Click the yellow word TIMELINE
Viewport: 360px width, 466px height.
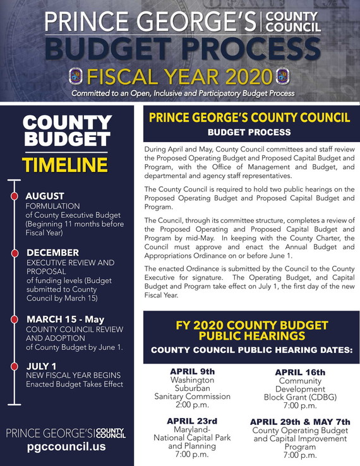click(65, 165)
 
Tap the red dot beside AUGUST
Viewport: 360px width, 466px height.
click(14, 196)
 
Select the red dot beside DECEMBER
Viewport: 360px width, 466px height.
click(14, 254)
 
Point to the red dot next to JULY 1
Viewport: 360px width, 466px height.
click(14, 366)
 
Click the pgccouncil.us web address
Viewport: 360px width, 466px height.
click(66, 446)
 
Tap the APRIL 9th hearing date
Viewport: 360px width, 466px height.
click(192, 371)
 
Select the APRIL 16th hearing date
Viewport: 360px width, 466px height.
click(300, 372)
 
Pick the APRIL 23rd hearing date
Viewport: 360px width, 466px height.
click(192, 421)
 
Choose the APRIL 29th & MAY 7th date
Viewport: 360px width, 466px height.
click(299, 422)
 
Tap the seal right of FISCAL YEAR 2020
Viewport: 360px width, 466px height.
click(284, 77)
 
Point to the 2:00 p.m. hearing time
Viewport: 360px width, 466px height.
click(192, 405)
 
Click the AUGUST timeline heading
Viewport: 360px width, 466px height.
click(45, 196)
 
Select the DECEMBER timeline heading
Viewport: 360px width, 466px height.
click(52, 253)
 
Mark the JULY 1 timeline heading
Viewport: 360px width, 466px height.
click(42, 366)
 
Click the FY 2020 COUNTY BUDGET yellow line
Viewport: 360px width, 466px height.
click(251, 326)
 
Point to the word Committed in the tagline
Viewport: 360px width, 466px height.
click(93, 93)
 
